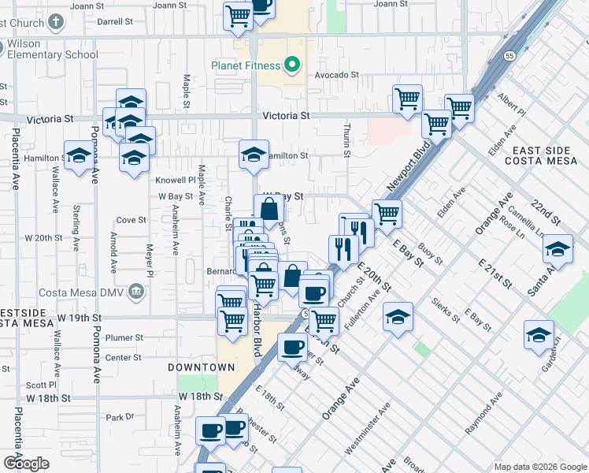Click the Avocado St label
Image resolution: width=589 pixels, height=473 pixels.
coord(337,75)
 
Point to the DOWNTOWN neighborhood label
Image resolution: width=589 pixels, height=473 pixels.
coord(201,367)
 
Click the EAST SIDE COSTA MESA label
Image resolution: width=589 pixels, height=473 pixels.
coord(546,155)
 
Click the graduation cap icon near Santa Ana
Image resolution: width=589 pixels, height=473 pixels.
coord(558,250)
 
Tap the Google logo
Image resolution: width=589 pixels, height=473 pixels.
coord(26,464)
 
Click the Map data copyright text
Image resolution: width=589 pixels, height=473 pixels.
coord(540,467)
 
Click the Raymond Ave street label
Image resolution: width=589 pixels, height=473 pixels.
coord(483,418)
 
